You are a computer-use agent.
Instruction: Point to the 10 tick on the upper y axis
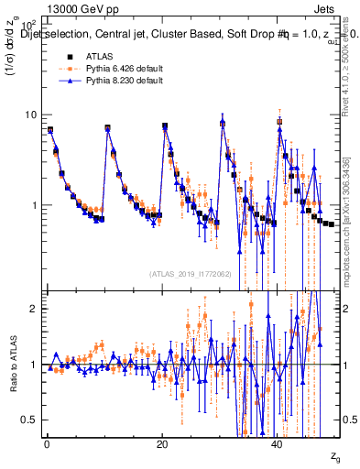pos(30,115)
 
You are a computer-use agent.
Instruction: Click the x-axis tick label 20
pos(162,443)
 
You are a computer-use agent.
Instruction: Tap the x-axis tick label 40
pos(278,443)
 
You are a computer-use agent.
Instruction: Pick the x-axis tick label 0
pos(46,443)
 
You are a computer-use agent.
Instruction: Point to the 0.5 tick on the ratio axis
pos(29,420)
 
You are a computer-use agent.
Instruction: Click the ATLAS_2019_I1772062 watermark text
pos(190,274)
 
